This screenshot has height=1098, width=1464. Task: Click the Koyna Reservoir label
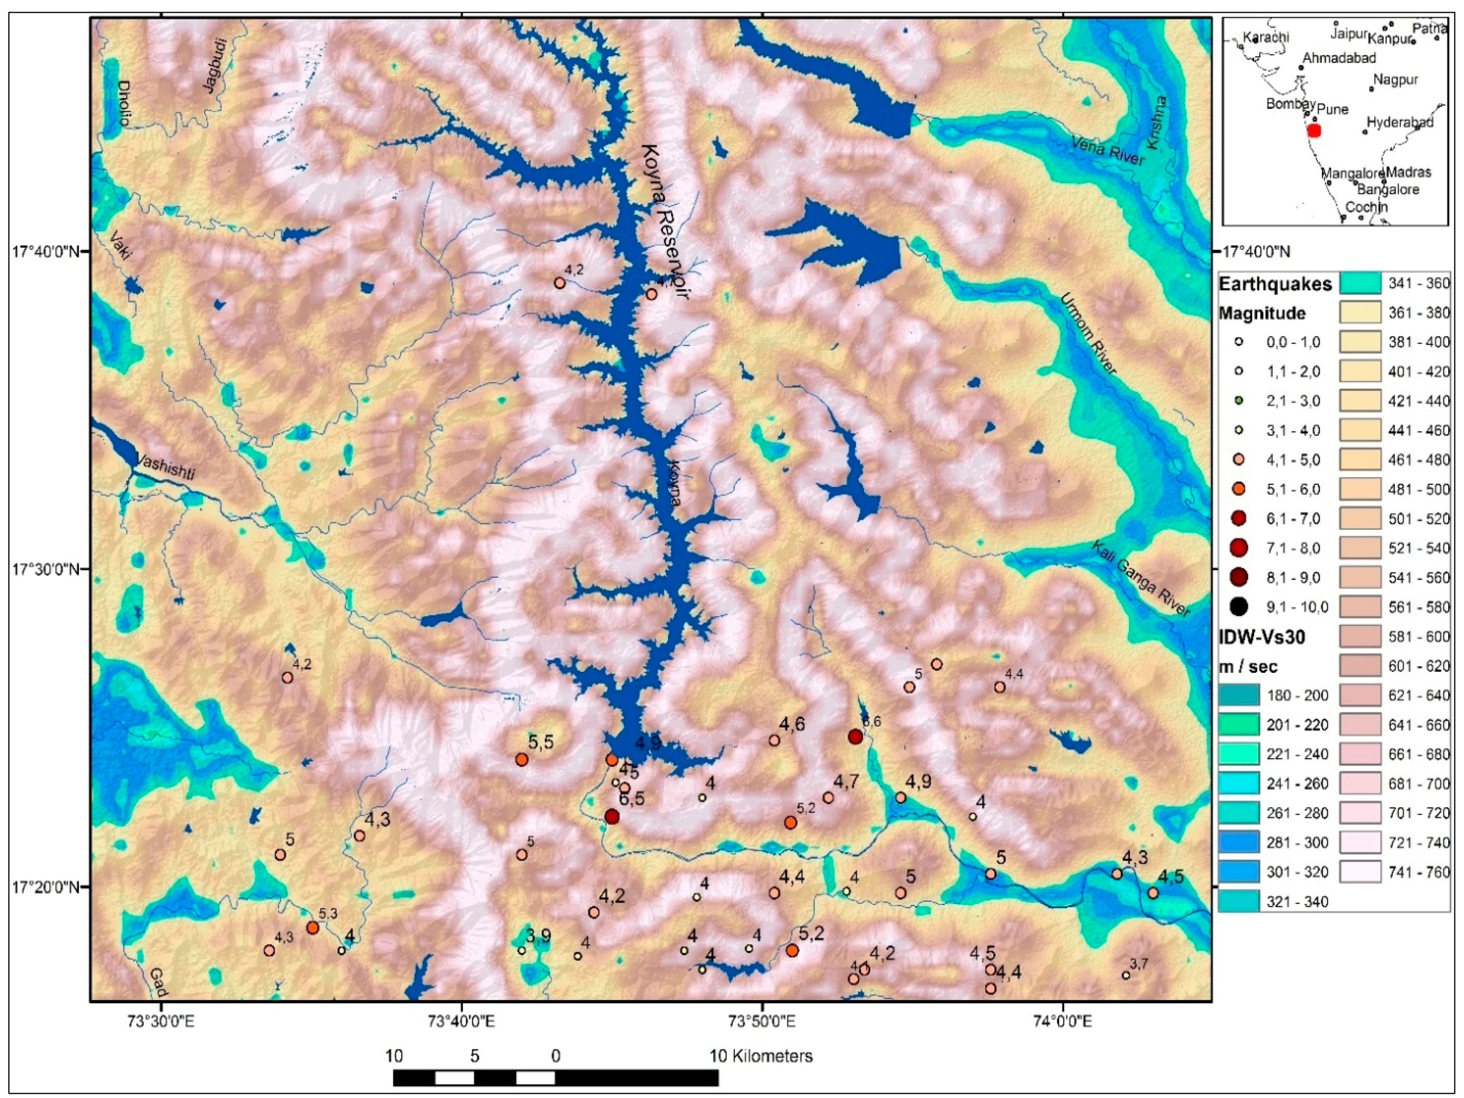point(664,221)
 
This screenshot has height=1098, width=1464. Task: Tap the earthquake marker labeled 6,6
point(855,737)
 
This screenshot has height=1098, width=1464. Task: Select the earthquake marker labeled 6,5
point(612,816)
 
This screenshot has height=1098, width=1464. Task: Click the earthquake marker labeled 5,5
point(521,759)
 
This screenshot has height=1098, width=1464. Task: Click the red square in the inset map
point(1315,130)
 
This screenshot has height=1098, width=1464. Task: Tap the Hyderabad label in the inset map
point(1399,123)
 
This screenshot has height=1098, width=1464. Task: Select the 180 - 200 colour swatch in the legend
point(1238,695)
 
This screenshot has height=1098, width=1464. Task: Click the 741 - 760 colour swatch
point(1360,872)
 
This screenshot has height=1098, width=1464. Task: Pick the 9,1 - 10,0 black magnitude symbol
point(1239,606)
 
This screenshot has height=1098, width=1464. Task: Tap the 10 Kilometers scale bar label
point(761,1055)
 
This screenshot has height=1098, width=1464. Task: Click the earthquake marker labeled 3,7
point(1126,975)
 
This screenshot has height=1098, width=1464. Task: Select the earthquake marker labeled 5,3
point(312,927)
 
